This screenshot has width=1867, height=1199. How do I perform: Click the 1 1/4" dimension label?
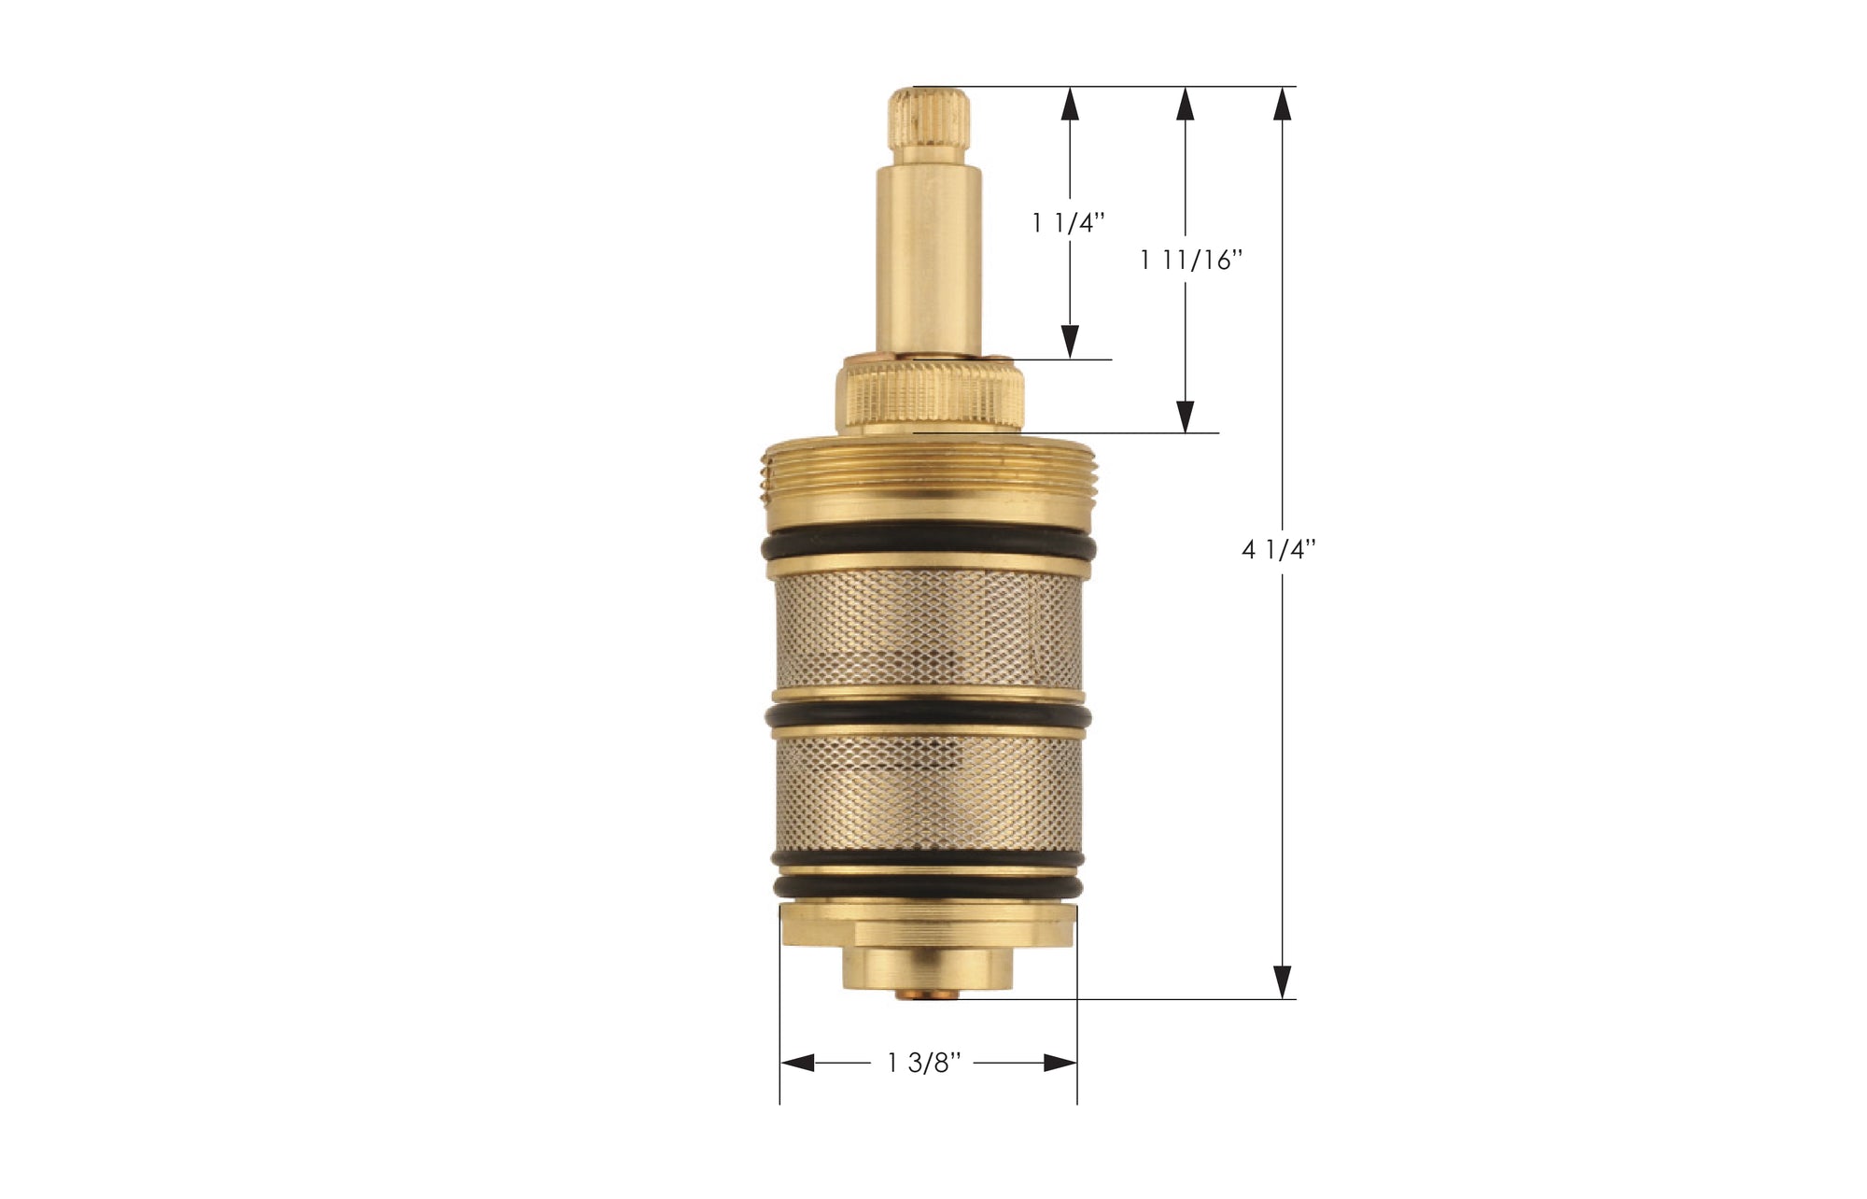tap(1069, 223)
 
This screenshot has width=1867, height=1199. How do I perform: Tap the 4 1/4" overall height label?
tap(1278, 550)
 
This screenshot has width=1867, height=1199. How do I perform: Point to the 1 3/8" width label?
tap(923, 1063)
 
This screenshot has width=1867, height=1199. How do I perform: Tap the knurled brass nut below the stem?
tap(930, 397)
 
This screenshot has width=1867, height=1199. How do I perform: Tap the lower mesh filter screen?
tap(929, 794)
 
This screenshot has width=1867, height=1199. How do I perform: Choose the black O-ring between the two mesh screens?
tap(929, 715)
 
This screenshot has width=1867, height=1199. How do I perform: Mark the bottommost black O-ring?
tap(929, 886)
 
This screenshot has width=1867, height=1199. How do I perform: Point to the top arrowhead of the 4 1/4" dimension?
tap(1284, 103)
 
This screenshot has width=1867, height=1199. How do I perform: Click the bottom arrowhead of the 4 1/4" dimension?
tap(1284, 982)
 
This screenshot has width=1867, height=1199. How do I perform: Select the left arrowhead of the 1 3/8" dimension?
tap(796, 1063)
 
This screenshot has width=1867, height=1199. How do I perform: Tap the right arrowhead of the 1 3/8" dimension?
tap(1060, 1063)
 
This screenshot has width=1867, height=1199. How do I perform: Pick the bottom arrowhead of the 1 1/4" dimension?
tap(1071, 342)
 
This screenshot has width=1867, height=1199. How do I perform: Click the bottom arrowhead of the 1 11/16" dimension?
tap(1186, 416)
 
